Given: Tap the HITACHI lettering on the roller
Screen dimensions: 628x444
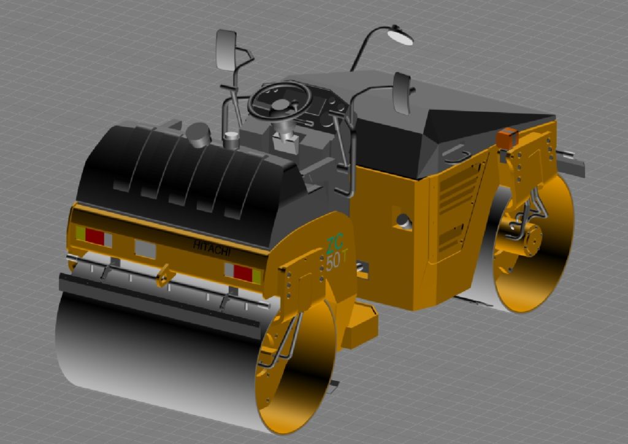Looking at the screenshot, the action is [x=212, y=248].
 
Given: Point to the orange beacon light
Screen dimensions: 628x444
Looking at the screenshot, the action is [x=507, y=138].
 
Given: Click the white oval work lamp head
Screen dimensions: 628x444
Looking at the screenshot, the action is [x=400, y=36].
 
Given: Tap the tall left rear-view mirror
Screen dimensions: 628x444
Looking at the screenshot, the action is [x=226, y=50].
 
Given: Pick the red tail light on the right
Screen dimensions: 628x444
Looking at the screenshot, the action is [x=243, y=273].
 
